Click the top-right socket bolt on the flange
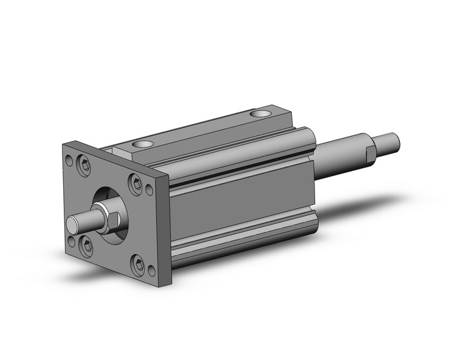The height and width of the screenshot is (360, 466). [136, 182]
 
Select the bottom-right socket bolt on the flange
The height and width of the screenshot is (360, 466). [137, 265]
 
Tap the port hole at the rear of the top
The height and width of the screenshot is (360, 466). [260, 113]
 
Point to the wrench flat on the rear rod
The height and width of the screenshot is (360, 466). [370, 154]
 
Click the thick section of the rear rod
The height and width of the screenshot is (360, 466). [340, 158]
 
